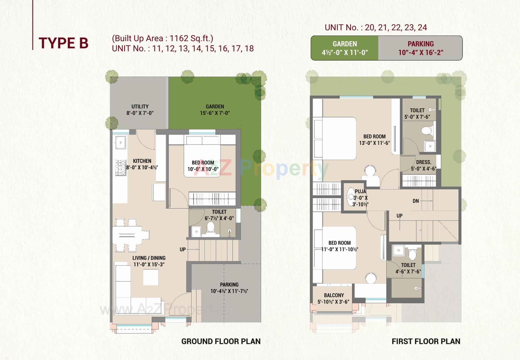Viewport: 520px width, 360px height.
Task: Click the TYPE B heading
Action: [x=63, y=43]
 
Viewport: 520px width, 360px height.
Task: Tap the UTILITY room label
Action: [x=140, y=106]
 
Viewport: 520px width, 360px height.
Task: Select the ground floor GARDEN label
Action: [x=215, y=106]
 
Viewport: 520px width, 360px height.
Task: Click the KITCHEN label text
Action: [x=142, y=161]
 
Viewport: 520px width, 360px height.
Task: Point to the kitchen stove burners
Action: [x=121, y=168]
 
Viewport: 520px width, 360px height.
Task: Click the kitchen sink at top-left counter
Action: [x=121, y=142]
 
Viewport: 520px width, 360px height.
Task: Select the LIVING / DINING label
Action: [x=149, y=258]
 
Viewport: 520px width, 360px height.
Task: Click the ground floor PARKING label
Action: [x=229, y=284]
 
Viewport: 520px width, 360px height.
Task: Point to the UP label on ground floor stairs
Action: [x=183, y=249]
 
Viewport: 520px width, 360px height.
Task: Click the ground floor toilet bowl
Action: [x=210, y=227]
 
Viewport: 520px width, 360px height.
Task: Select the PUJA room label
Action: [x=360, y=192]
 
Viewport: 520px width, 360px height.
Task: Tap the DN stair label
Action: [x=415, y=201]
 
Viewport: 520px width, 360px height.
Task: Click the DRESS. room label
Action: [x=424, y=162]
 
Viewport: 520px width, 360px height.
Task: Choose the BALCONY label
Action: [x=334, y=295]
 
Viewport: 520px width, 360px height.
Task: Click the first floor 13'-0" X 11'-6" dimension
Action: [x=374, y=143]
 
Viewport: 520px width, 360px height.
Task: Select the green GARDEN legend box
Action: [x=344, y=48]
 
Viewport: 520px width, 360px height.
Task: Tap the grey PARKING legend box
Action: [x=420, y=48]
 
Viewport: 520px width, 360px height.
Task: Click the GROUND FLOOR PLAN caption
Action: [x=221, y=341]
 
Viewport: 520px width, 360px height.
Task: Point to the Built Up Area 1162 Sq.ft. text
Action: [x=162, y=38]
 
